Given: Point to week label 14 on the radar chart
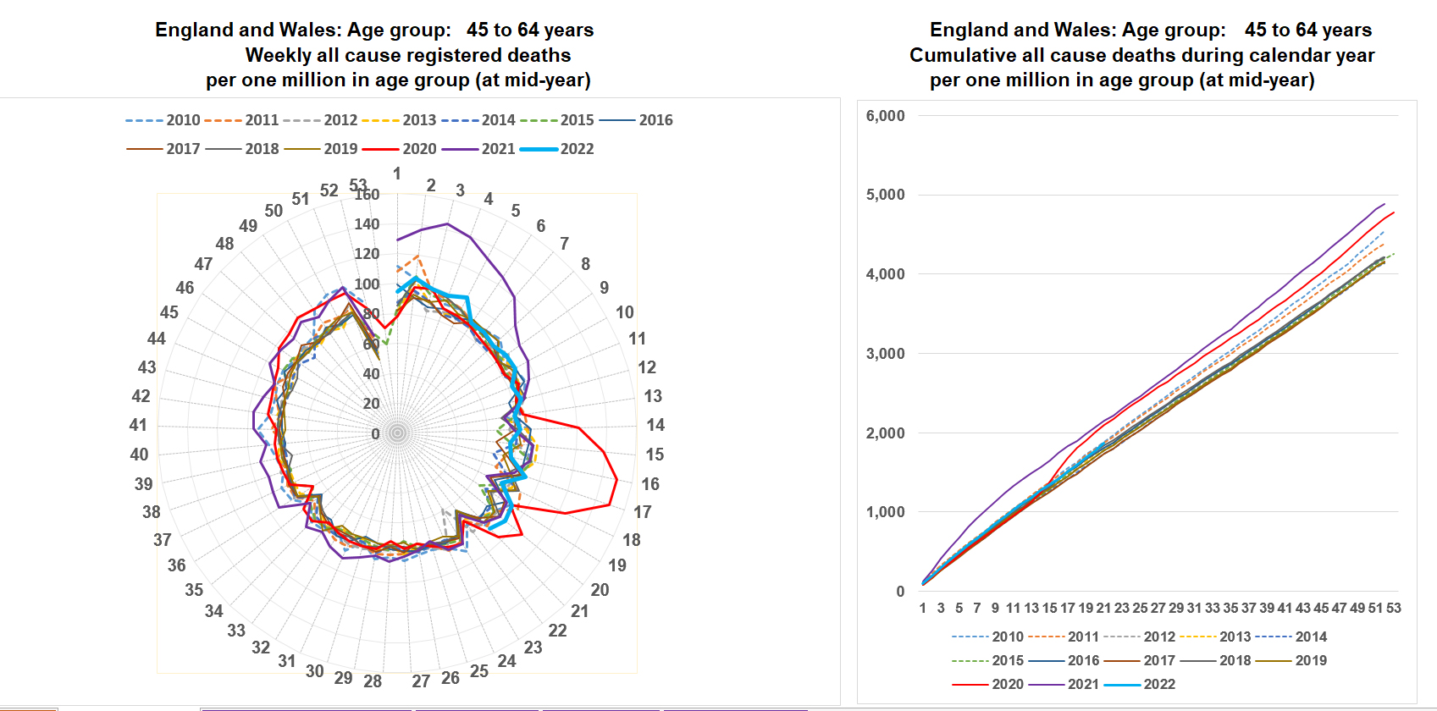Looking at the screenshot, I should click(x=655, y=425).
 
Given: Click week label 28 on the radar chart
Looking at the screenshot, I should click(x=373, y=681).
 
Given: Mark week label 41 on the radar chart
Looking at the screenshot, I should click(x=138, y=425).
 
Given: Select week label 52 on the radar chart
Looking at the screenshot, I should click(x=329, y=190).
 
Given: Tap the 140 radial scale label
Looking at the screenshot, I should click(x=367, y=224).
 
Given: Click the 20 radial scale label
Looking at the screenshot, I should click(x=371, y=404).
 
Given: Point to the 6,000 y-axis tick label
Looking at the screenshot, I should click(x=885, y=116).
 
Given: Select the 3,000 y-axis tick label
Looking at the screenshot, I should click(x=885, y=354).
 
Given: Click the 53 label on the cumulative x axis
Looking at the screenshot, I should click(x=1394, y=608).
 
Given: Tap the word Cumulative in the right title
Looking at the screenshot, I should click(x=961, y=55).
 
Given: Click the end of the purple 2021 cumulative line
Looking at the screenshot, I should click(x=1385, y=203).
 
